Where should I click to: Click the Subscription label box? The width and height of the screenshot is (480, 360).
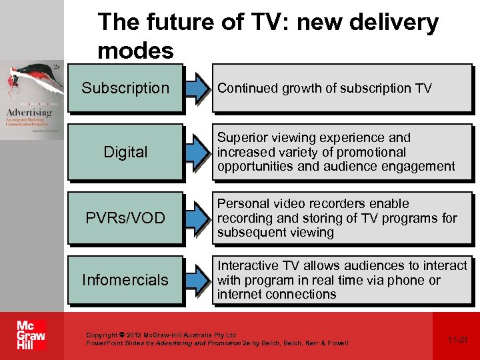coord(125,88)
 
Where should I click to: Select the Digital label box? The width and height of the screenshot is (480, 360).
coord(125,152)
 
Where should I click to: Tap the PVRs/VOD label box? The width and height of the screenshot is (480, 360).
coord(125,218)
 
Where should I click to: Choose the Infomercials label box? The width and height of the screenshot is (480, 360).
coord(125,280)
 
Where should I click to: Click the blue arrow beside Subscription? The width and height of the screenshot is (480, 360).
coord(197,88)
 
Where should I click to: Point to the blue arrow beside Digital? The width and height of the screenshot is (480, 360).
coord(197,152)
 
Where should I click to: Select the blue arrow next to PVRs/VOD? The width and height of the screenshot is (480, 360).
coord(197,218)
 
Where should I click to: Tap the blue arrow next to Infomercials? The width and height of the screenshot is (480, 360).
coord(197,280)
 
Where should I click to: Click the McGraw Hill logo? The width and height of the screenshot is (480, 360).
coord(31,335)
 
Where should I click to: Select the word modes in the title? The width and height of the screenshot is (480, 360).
coord(135,50)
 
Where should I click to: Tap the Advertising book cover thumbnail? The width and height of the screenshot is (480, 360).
coord(31,100)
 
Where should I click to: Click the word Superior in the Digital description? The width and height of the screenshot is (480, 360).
coord(241,138)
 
